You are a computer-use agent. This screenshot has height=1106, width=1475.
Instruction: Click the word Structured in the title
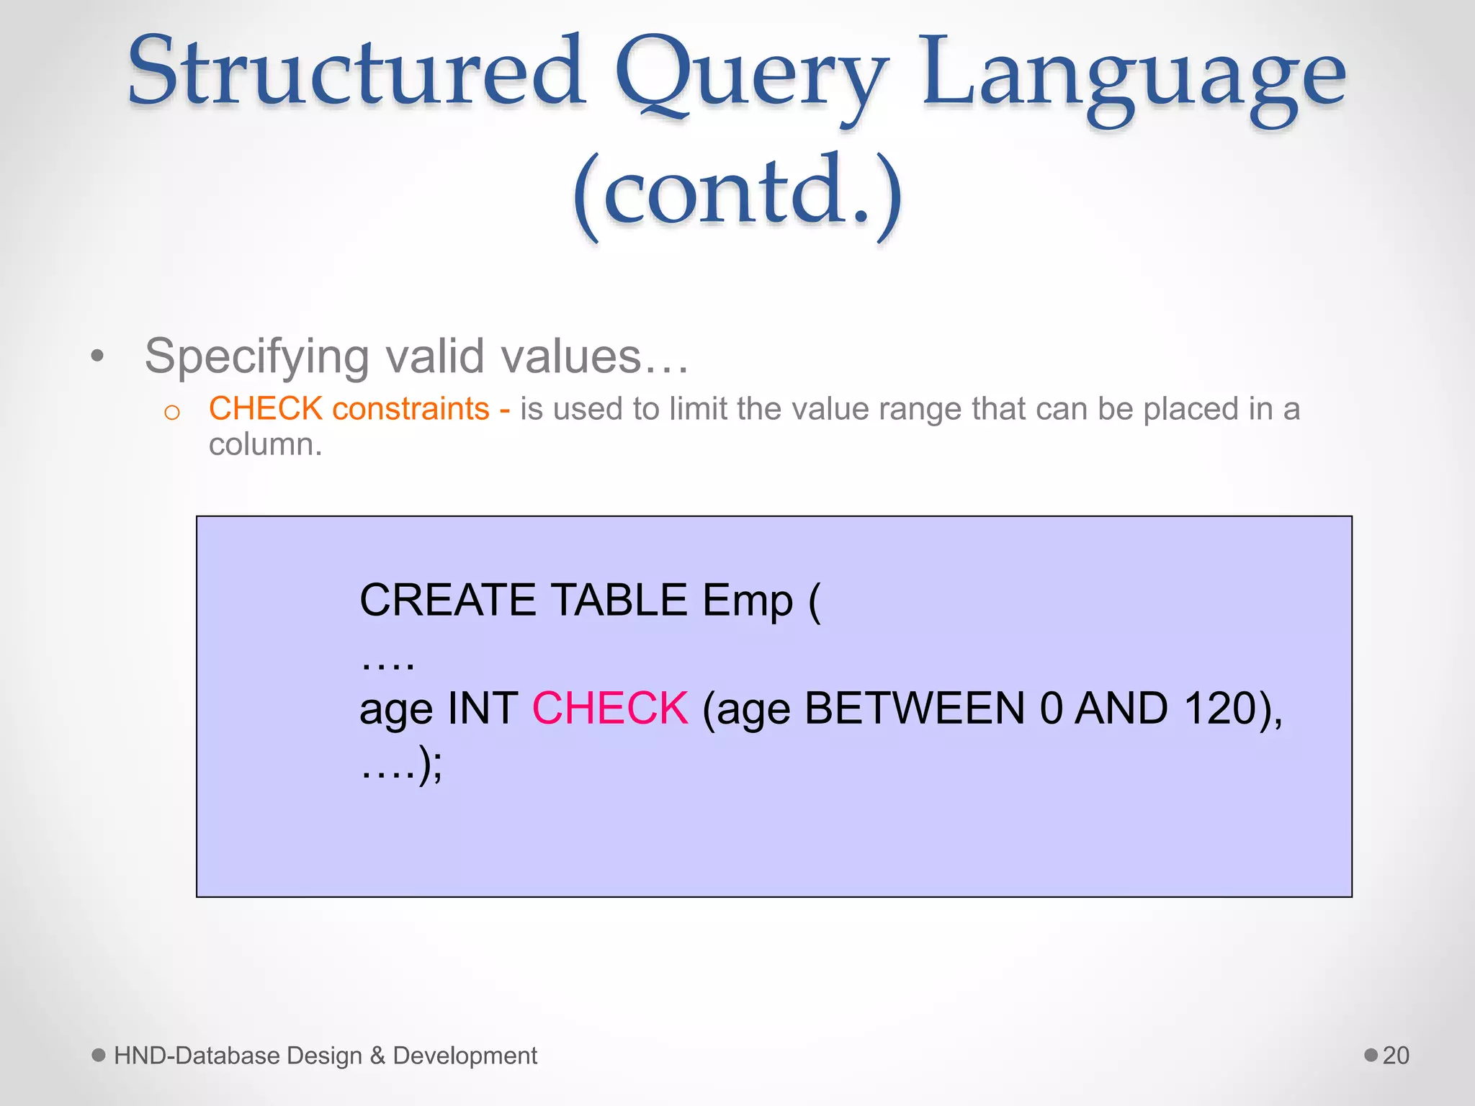[x=357, y=72]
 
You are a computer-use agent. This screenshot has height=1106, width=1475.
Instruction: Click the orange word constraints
[x=411, y=409]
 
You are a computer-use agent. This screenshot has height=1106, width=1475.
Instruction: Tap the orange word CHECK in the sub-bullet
[x=265, y=409]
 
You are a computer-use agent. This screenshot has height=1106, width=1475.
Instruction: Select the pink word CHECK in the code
[x=610, y=709]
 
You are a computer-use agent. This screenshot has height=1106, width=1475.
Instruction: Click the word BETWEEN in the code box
[x=915, y=709]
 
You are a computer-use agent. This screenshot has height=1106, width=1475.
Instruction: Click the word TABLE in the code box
[x=619, y=600]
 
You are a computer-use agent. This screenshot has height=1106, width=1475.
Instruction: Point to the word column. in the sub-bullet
[x=265, y=445]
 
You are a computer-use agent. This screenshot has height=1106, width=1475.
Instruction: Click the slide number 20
[x=1396, y=1056]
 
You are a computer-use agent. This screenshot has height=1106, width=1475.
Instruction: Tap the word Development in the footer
[x=465, y=1056]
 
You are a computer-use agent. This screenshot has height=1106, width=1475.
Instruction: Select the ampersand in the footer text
[x=377, y=1056]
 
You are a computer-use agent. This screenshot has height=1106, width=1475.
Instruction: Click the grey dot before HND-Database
[x=99, y=1055]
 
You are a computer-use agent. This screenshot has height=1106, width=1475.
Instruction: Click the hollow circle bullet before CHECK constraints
[x=171, y=413]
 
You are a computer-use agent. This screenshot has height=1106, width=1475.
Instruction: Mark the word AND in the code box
[x=1121, y=709]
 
